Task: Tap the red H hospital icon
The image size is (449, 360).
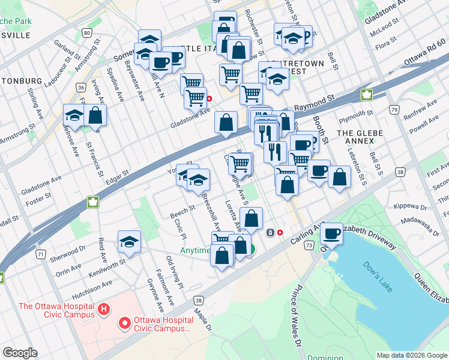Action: (104, 310)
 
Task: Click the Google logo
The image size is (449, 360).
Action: (20, 353)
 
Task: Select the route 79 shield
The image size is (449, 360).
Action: (394, 110)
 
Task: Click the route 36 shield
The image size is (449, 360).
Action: (80, 88)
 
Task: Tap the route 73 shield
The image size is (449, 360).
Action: (309, 245)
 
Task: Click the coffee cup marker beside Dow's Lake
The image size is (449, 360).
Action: (331, 233)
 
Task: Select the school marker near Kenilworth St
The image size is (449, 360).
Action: (129, 241)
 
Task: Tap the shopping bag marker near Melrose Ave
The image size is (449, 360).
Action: (95, 115)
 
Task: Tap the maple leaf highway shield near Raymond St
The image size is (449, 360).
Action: (366, 94)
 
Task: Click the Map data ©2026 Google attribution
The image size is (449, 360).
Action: (411, 355)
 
